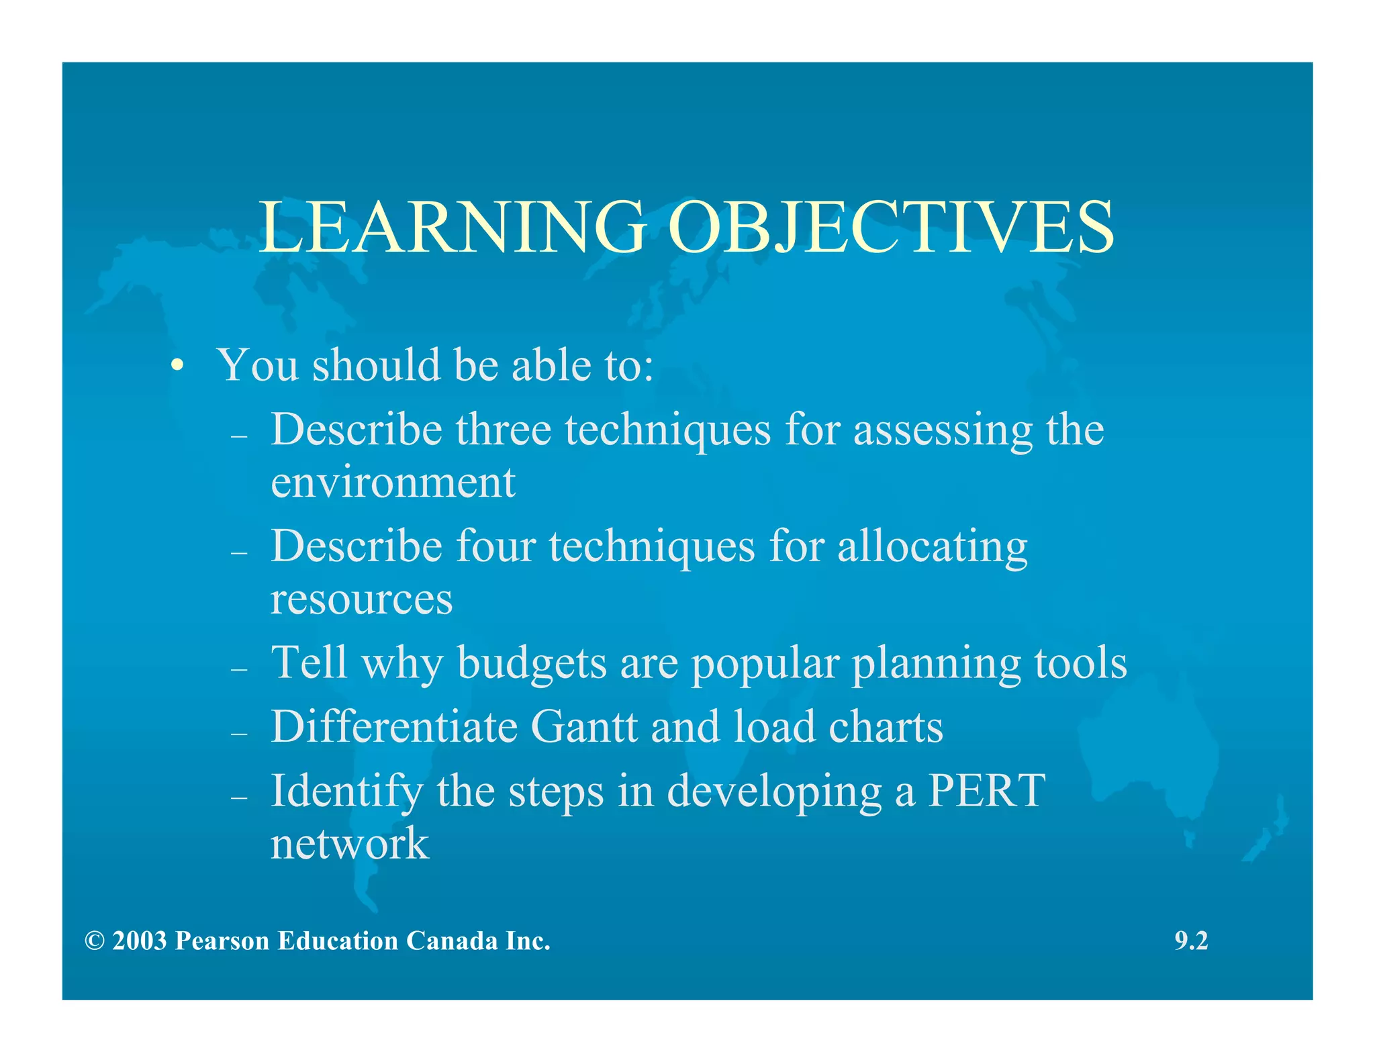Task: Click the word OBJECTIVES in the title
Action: (890, 228)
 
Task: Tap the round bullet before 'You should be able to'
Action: (177, 366)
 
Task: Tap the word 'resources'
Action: (361, 599)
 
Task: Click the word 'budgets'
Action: (532, 663)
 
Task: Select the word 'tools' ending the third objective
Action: (1080, 663)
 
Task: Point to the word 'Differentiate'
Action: (394, 726)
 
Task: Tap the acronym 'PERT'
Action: (986, 790)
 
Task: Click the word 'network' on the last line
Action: (349, 844)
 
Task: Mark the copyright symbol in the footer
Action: (95, 941)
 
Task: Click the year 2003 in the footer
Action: (139, 941)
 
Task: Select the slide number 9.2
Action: (1191, 941)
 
